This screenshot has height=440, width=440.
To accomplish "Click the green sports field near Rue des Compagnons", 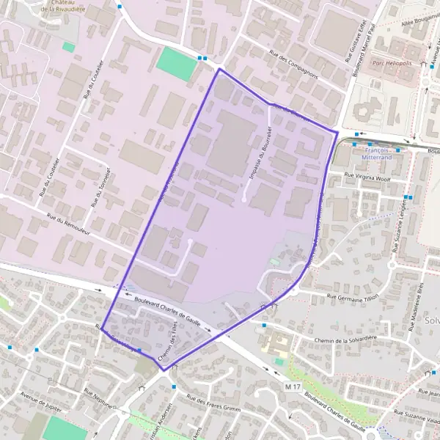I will (177, 64).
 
